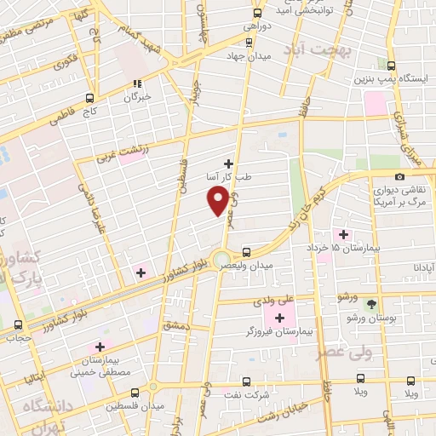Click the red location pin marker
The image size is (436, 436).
(x=218, y=200)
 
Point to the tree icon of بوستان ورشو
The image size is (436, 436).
(x=370, y=303)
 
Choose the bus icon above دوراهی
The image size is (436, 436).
(x=258, y=13)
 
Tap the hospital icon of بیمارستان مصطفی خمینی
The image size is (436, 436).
(x=99, y=347)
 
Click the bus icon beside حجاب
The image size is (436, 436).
(x=19, y=324)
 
